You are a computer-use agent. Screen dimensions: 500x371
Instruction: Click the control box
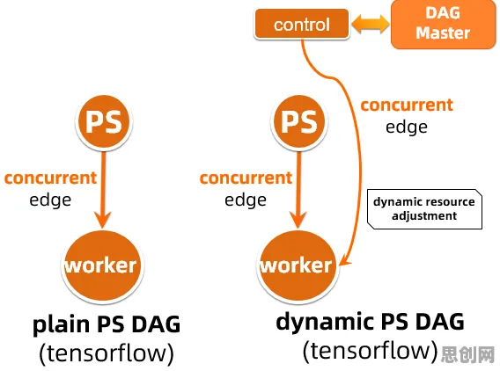(x=302, y=24)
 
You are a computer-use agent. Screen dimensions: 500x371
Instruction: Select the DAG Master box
(x=443, y=24)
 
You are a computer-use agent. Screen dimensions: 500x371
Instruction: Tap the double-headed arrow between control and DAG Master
(x=371, y=25)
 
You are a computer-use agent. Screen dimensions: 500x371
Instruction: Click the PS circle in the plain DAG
(x=104, y=121)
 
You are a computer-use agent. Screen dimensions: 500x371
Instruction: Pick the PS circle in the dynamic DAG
(x=298, y=121)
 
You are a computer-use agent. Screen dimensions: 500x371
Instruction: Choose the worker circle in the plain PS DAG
(x=102, y=266)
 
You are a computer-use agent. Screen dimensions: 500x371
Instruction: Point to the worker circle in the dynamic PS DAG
(x=298, y=266)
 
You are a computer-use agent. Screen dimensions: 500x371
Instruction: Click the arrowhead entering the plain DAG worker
(x=102, y=220)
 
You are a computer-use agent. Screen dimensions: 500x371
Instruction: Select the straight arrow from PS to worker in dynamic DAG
(x=298, y=190)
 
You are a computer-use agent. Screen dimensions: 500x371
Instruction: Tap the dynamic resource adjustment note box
(x=424, y=209)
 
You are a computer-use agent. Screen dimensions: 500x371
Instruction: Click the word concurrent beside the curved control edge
(x=407, y=105)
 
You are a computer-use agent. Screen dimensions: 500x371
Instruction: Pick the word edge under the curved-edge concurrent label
(x=407, y=127)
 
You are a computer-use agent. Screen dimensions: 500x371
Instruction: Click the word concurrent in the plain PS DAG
(x=50, y=178)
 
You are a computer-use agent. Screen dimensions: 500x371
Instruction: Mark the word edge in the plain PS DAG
(x=50, y=200)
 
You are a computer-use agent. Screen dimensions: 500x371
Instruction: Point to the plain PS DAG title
(x=107, y=324)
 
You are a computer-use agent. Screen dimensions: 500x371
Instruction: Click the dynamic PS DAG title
(x=370, y=322)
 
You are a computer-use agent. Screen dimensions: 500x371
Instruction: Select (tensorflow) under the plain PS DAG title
(x=107, y=353)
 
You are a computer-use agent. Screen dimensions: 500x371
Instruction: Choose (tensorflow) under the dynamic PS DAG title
(x=371, y=351)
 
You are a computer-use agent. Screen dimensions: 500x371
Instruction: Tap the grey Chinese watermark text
(x=467, y=354)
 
